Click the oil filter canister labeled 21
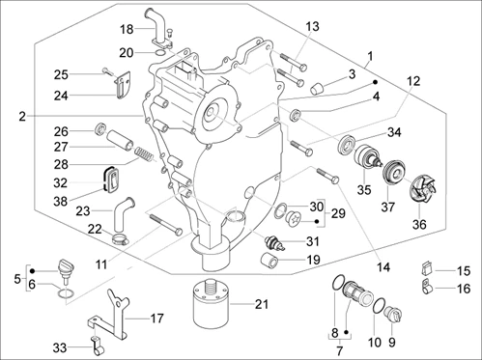coord(212,303)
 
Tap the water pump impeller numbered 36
coord(423,190)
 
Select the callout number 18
coord(127,29)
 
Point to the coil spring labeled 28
coord(143,154)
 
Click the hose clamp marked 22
coord(121,239)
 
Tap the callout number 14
coord(383,267)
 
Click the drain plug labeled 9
coord(394,314)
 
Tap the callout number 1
coord(370,57)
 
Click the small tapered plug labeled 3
coord(318,88)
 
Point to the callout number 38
coord(60,202)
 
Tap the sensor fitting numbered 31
coord(273,242)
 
